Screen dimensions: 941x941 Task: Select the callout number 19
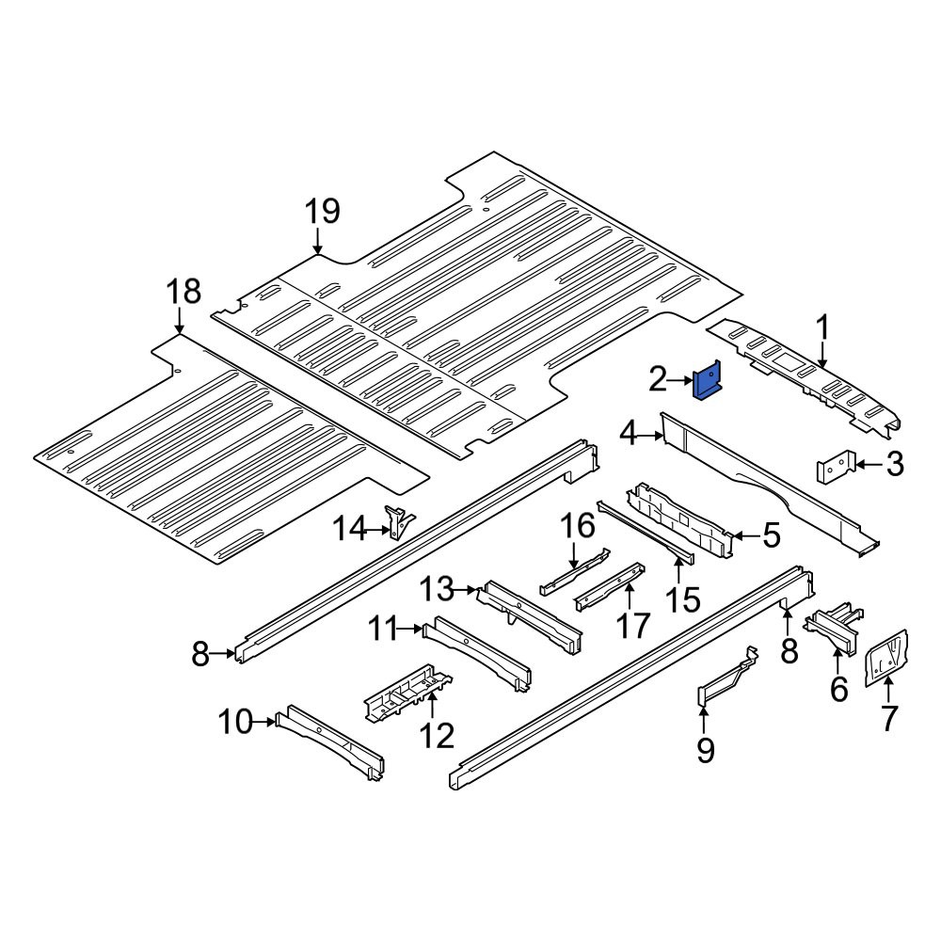pyautogui.click(x=322, y=212)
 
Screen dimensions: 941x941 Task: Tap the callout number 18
pyautogui.click(x=183, y=293)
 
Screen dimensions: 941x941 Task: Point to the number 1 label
pyautogui.click(x=822, y=329)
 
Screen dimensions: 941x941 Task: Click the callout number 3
pyautogui.click(x=895, y=464)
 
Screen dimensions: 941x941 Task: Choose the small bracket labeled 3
pyautogui.click(x=836, y=466)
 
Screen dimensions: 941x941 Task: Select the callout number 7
pyautogui.click(x=889, y=718)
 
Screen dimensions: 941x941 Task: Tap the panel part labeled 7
pyautogui.click(x=886, y=657)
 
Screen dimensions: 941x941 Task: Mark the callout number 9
pyautogui.click(x=705, y=750)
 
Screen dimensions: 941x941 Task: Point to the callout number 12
pyautogui.click(x=437, y=734)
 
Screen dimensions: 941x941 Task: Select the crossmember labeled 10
pyautogui.click(x=329, y=742)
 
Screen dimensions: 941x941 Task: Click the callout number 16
pyautogui.click(x=578, y=526)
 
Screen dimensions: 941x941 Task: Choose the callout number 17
pyautogui.click(x=633, y=626)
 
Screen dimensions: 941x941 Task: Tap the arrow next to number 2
pyautogui.click(x=681, y=380)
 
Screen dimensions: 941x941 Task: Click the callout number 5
pyautogui.click(x=772, y=534)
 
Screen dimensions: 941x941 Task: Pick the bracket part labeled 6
pyautogui.click(x=834, y=632)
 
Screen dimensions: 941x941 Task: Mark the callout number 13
pyautogui.click(x=437, y=589)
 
